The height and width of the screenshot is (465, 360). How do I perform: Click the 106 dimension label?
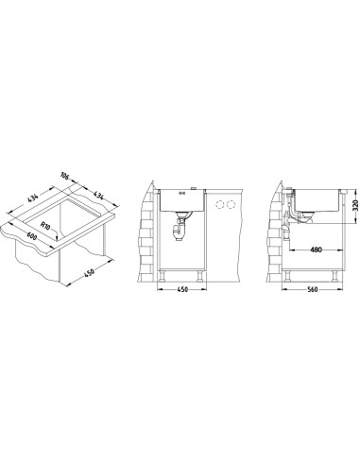point(64,175)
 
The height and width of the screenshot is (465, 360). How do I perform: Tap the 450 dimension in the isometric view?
point(89,273)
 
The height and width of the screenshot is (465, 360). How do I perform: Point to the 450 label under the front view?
point(182,289)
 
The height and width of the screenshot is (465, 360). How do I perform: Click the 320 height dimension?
point(355,205)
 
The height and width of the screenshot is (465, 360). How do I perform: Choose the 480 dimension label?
point(316,250)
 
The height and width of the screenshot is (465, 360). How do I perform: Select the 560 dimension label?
point(312,289)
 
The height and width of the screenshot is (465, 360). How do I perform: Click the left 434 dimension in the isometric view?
point(33,198)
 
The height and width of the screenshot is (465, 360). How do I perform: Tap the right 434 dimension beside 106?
point(99,195)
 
